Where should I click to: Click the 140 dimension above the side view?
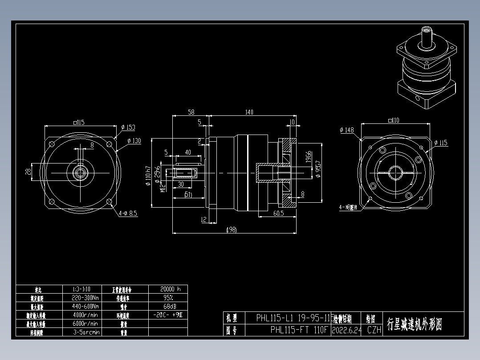(249, 112)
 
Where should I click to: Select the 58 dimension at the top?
(191, 112)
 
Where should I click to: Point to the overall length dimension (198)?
(231, 229)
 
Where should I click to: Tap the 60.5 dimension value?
(278, 213)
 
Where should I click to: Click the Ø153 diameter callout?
(128, 127)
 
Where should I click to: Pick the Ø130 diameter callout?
(134, 141)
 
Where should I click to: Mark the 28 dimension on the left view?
(28, 172)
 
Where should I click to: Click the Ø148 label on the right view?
(346, 130)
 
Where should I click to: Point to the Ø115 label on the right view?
(440, 143)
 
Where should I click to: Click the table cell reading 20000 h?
(167, 289)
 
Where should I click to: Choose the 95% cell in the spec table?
(167, 298)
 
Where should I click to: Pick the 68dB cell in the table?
(167, 306)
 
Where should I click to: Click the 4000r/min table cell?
(85, 315)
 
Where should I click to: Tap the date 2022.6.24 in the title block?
(346, 330)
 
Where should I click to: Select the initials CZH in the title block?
(374, 330)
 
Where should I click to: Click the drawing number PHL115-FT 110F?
(299, 330)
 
